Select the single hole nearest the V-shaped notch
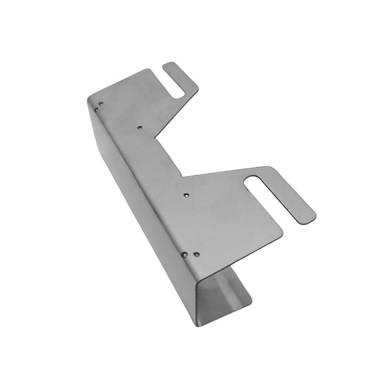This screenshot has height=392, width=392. click(x=140, y=127)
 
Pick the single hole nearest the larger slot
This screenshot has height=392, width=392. click(x=186, y=195)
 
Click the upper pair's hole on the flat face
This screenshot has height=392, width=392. click(x=101, y=104)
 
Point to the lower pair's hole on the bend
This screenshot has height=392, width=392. click(x=184, y=255)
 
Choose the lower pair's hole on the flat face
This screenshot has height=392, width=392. click(x=196, y=254)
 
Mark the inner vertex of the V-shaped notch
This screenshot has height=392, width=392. click(x=157, y=138)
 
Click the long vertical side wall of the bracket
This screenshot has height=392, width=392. click(x=142, y=196)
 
